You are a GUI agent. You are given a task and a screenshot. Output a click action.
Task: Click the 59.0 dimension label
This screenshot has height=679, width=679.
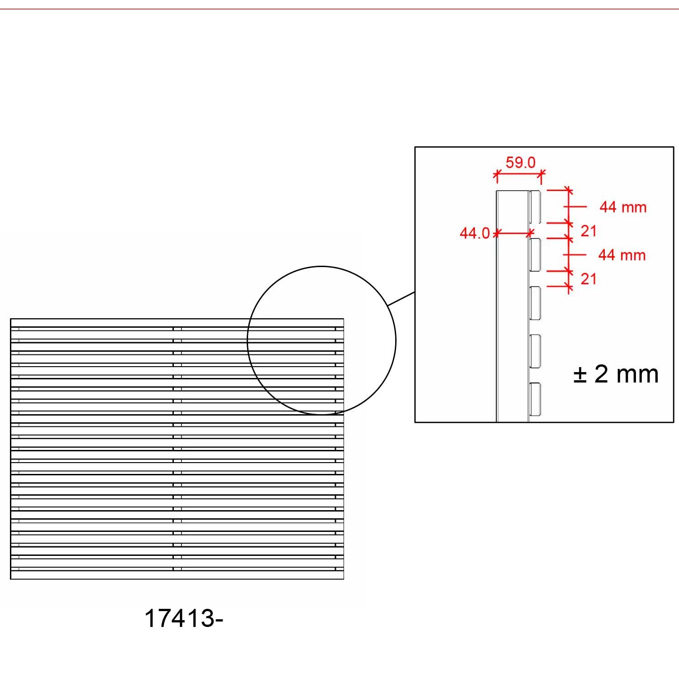coord(521,163)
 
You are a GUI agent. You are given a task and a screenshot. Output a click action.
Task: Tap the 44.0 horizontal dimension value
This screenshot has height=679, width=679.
coord(475,233)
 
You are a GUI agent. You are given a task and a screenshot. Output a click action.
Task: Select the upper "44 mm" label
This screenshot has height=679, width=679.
coord(623,207)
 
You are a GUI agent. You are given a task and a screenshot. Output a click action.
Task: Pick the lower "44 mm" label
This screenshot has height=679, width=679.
coord(622,255)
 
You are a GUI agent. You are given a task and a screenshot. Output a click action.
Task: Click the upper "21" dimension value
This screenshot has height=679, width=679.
coord(588,231)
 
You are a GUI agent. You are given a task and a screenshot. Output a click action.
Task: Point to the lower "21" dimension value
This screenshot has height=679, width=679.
coord(588,279)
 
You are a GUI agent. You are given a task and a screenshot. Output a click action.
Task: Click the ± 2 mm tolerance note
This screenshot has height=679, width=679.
coord(616,374)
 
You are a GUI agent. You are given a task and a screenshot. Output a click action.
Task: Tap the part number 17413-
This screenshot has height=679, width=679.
coord(184,618)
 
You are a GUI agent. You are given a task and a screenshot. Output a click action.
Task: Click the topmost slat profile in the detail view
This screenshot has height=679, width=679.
coord(535,207)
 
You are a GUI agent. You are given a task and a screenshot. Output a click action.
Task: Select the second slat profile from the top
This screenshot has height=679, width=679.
coord(535,255)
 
